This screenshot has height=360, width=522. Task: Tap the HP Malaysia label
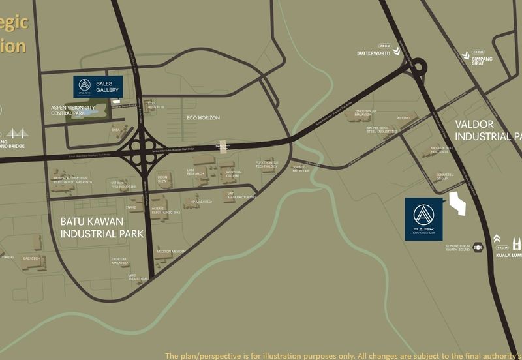click(x=202, y=202)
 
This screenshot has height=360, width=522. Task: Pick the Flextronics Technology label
click(x=267, y=164)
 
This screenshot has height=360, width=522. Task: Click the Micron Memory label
click(x=171, y=252)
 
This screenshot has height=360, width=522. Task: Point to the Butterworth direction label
click(x=374, y=52)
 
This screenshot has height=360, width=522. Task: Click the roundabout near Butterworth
click(x=418, y=67)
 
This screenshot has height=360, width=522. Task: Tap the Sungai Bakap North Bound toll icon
click(x=478, y=247)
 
